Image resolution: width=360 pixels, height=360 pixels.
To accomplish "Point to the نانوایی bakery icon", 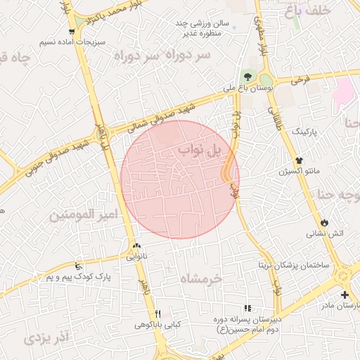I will [x=136, y=246].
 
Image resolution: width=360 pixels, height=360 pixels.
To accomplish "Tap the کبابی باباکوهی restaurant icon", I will [x=158, y=314].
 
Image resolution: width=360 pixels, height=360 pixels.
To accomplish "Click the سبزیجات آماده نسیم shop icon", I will [x=72, y=32].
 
